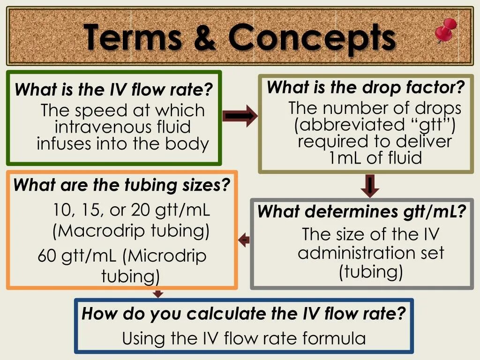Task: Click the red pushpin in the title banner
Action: (x=445, y=31)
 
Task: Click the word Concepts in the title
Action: (x=312, y=37)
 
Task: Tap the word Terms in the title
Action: (x=133, y=37)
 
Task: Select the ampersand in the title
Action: (x=204, y=37)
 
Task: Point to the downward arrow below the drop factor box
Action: (x=370, y=186)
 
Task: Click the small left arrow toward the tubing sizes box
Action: (x=244, y=240)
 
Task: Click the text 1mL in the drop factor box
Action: (x=346, y=157)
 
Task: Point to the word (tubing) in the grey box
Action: (x=371, y=272)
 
